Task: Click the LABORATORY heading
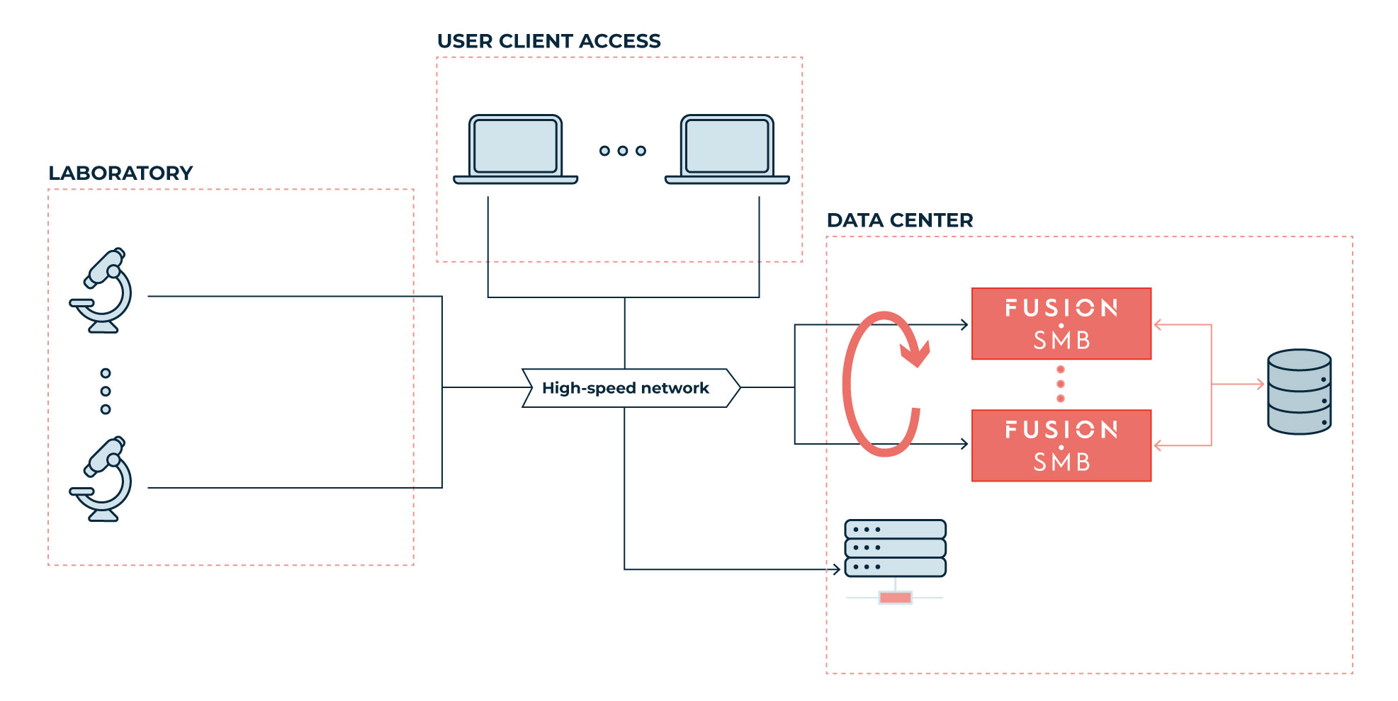click(120, 173)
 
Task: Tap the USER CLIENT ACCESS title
click(548, 41)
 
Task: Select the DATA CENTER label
click(900, 220)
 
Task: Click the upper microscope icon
click(101, 290)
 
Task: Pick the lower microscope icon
click(101, 479)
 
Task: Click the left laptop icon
click(516, 149)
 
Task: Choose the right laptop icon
click(727, 149)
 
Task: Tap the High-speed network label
click(625, 388)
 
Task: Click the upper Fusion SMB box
click(1061, 324)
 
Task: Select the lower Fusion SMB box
click(1061, 445)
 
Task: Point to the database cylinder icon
click(1299, 392)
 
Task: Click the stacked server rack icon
click(896, 549)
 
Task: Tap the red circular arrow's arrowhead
click(916, 353)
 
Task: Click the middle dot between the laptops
click(623, 151)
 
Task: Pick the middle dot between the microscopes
click(106, 391)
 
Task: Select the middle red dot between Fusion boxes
click(1061, 384)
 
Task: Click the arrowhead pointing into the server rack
click(836, 569)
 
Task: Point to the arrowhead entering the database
click(1261, 384)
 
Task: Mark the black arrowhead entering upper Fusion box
click(964, 324)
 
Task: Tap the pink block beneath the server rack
click(895, 598)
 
